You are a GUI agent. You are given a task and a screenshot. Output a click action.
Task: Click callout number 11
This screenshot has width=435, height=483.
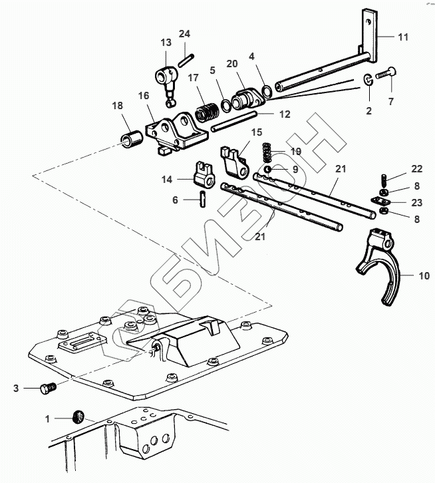[404, 38]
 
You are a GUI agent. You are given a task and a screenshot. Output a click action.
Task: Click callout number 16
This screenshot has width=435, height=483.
[144, 96]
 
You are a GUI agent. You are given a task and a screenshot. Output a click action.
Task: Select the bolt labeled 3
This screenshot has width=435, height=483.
[47, 387]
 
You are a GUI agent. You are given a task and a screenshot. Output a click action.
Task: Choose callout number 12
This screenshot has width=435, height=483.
[285, 114]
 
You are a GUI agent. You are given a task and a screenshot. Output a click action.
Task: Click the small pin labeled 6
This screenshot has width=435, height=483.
[202, 199]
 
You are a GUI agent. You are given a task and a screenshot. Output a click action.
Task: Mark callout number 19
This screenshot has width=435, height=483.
[296, 151]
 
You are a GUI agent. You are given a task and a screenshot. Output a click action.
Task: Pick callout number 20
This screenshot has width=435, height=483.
[231, 64]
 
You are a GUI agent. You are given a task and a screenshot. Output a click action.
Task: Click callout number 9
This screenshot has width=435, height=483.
[296, 170]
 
